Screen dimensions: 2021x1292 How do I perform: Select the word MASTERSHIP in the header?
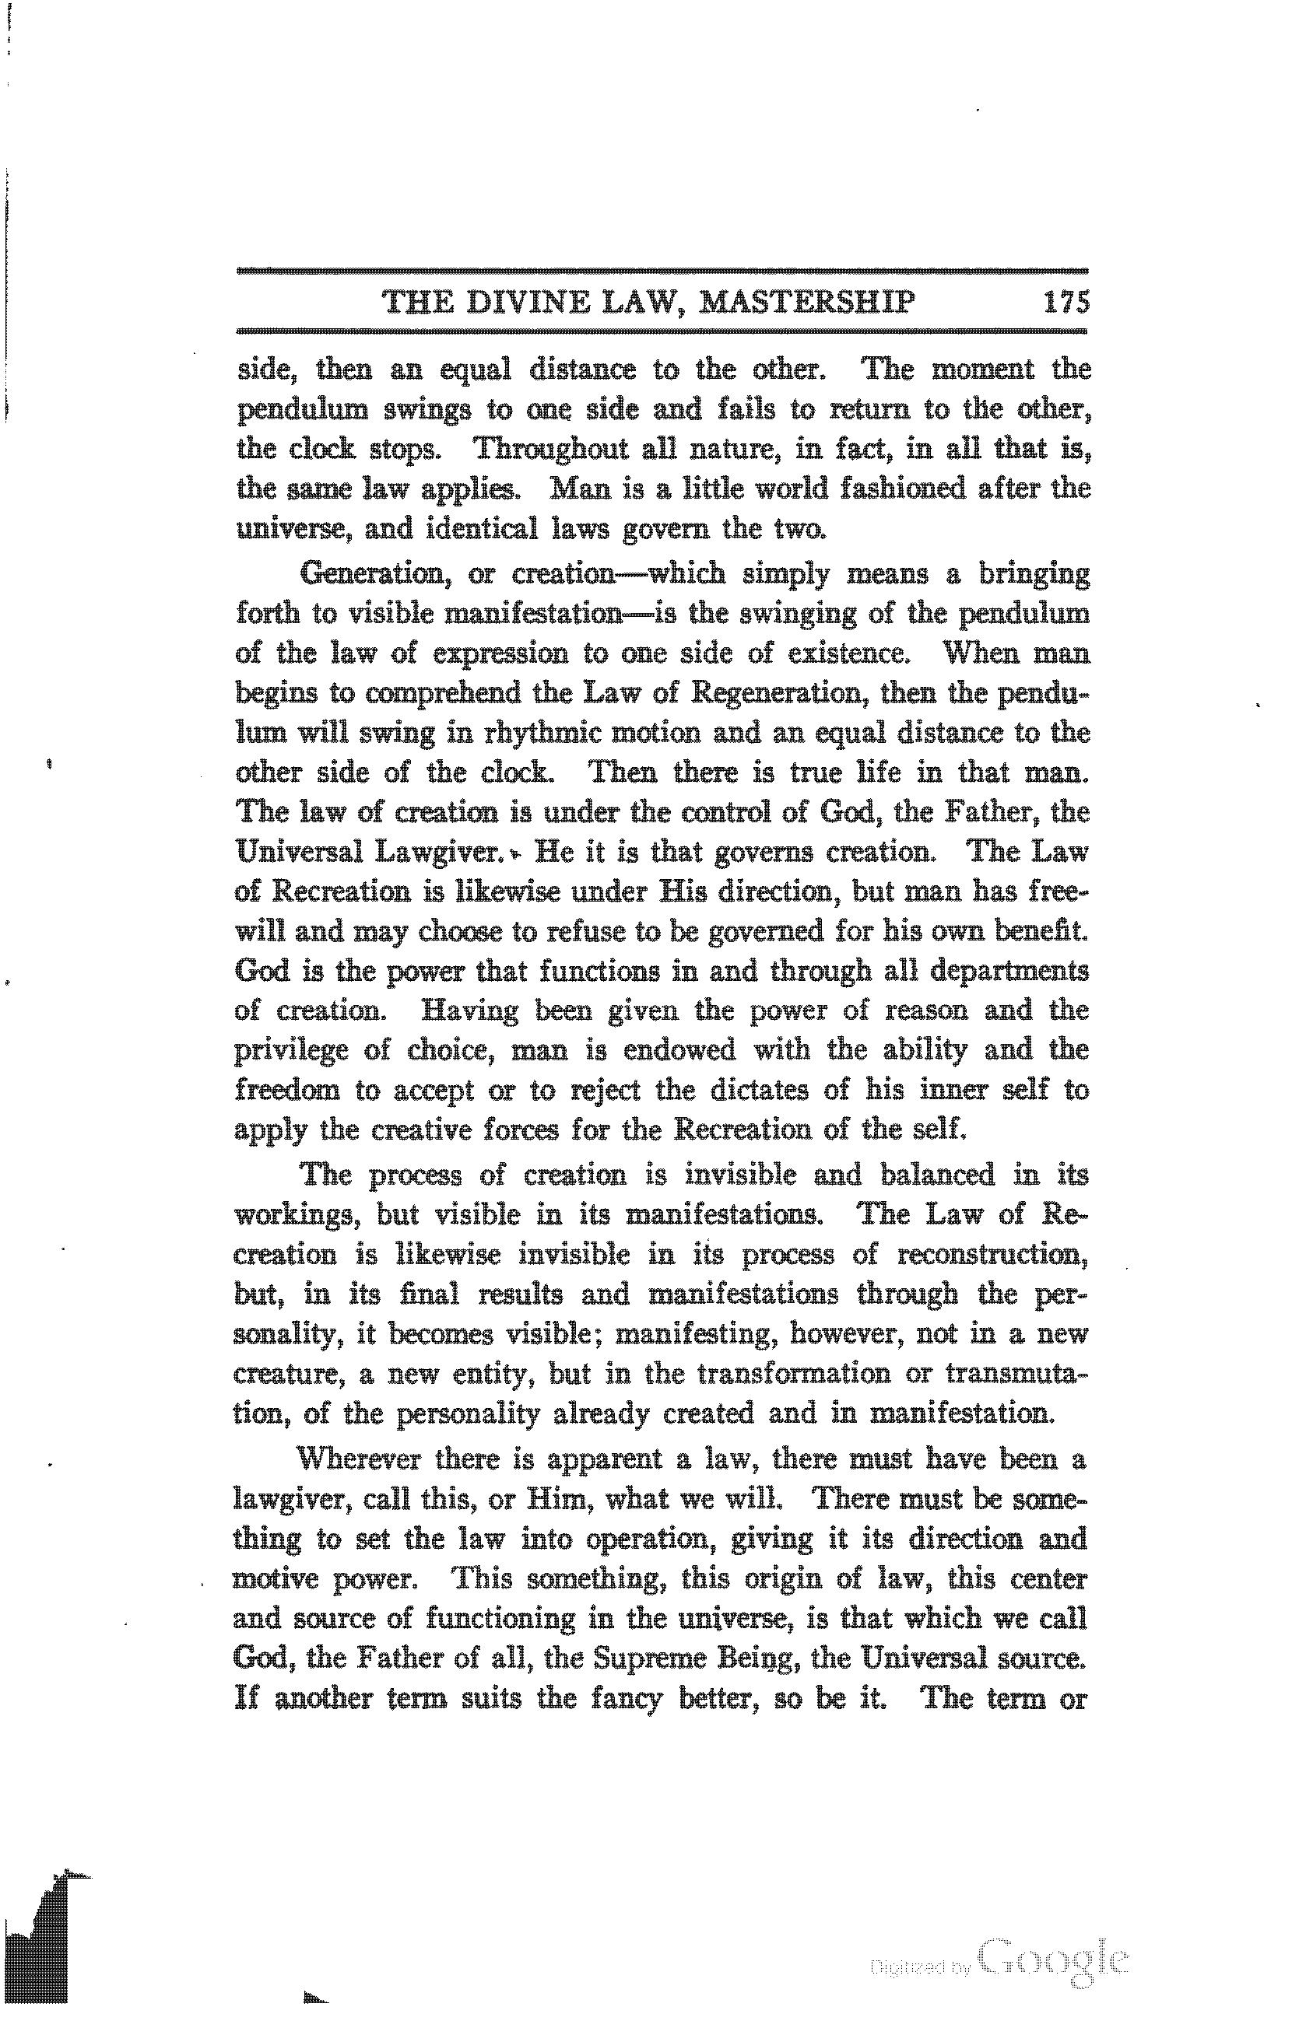click(807, 301)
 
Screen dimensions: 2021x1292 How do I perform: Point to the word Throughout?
click(552, 449)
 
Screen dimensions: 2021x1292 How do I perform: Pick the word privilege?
click(291, 1051)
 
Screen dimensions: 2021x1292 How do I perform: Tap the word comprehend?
click(445, 693)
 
